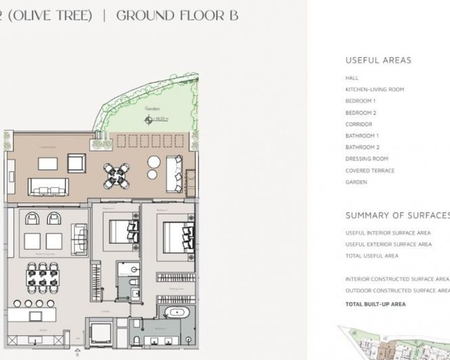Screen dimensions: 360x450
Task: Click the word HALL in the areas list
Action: [x=352, y=78]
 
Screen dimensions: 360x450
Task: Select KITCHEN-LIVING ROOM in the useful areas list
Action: [x=374, y=89]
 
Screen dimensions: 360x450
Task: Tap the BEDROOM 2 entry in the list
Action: [x=361, y=113]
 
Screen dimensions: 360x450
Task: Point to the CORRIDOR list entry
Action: [x=359, y=125]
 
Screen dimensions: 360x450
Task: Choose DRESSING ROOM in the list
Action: [x=367, y=159]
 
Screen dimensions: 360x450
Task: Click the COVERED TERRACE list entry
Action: [x=369, y=171]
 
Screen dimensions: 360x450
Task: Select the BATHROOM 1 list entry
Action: [x=362, y=136]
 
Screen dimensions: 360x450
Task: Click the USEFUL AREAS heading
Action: [x=378, y=60]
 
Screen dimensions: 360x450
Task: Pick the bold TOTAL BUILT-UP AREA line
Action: [x=375, y=305]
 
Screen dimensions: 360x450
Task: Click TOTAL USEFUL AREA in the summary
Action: [x=372, y=256]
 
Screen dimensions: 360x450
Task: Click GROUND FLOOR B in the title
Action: [x=177, y=16]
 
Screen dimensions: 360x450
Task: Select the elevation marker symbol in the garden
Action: [x=149, y=120]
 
